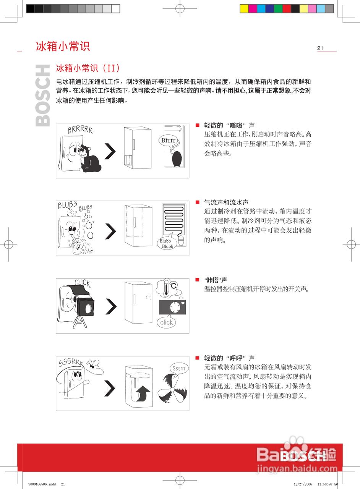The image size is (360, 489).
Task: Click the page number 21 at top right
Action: [x=320, y=48]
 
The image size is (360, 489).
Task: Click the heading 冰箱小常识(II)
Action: [x=88, y=68]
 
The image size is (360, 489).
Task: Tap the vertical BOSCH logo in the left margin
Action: [x=43, y=96]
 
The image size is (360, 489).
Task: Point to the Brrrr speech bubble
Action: [x=169, y=140]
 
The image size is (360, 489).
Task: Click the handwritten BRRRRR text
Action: [x=80, y=130]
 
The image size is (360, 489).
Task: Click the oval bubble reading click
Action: [x=167, y=322]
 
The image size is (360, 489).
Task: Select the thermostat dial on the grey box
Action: [x=176, y=307]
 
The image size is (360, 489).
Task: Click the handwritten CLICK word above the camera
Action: [x=82, y=283]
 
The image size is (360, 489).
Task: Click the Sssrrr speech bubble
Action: [x=178, y=368]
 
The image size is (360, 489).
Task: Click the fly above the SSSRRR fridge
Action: [x=93, y=364]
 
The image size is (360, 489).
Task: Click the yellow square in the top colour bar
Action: [x=244, y=8]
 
